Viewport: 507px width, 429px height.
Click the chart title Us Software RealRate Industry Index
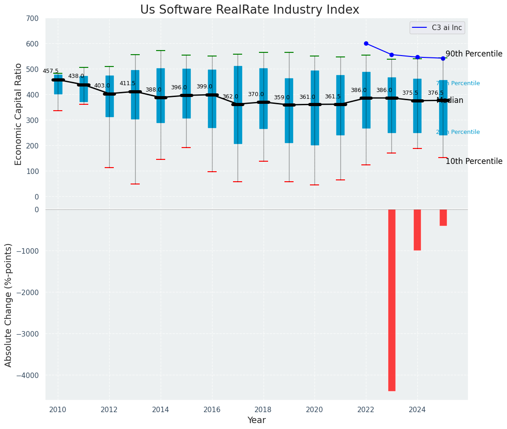[249, 10]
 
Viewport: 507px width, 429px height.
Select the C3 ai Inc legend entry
[437, 28]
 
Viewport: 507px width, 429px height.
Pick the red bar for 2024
[417, 230]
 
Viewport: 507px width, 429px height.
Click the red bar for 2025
[443, 217]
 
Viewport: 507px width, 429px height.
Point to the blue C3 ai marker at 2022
[366, 44]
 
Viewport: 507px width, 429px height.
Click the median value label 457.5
[51, 71]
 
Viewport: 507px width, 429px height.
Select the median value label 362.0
[230, 97]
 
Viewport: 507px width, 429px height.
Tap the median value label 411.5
[127, 84]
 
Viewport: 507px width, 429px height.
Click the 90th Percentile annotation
[474, 54]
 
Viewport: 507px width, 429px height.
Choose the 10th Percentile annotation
[474, 162]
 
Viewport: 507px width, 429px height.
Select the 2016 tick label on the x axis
[212, 409]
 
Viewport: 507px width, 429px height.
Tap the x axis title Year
[256, 420]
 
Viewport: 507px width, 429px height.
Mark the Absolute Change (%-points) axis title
[9, 305]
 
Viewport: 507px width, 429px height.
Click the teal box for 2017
[238, 105]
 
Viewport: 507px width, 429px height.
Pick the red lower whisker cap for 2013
[135, 184]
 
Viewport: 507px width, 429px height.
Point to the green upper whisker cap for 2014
[161, 51]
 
